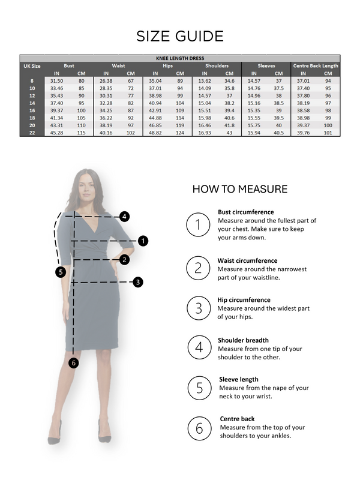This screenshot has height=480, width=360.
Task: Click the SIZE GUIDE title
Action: pos(180,36)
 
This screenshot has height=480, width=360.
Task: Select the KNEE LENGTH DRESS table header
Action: pos(180,59)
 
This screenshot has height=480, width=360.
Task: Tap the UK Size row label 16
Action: pos(32,110)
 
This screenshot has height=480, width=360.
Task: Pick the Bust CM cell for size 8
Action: pos(81,80)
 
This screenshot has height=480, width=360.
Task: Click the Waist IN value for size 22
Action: pos(106,133)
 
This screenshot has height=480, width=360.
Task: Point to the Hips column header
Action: pos(167,65)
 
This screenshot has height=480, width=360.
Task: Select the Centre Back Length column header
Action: pos(316,65)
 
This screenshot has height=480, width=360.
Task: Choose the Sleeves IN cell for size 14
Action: pos(254,103)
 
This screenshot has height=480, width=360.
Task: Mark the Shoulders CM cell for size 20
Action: pos(229,125)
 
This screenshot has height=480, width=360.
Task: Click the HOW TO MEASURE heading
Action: pos(239,190)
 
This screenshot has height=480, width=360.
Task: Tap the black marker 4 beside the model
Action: pos(124,217)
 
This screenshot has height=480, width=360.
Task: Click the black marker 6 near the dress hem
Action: pos(74,362)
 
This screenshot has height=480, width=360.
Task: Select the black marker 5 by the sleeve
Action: pos(60,272)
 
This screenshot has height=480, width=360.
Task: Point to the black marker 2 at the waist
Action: pos(124,260)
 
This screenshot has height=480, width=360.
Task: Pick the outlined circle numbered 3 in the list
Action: pos(198,308)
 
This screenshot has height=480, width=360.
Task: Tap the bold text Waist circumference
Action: pos(248,260)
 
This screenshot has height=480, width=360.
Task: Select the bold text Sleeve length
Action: pos(238,379)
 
